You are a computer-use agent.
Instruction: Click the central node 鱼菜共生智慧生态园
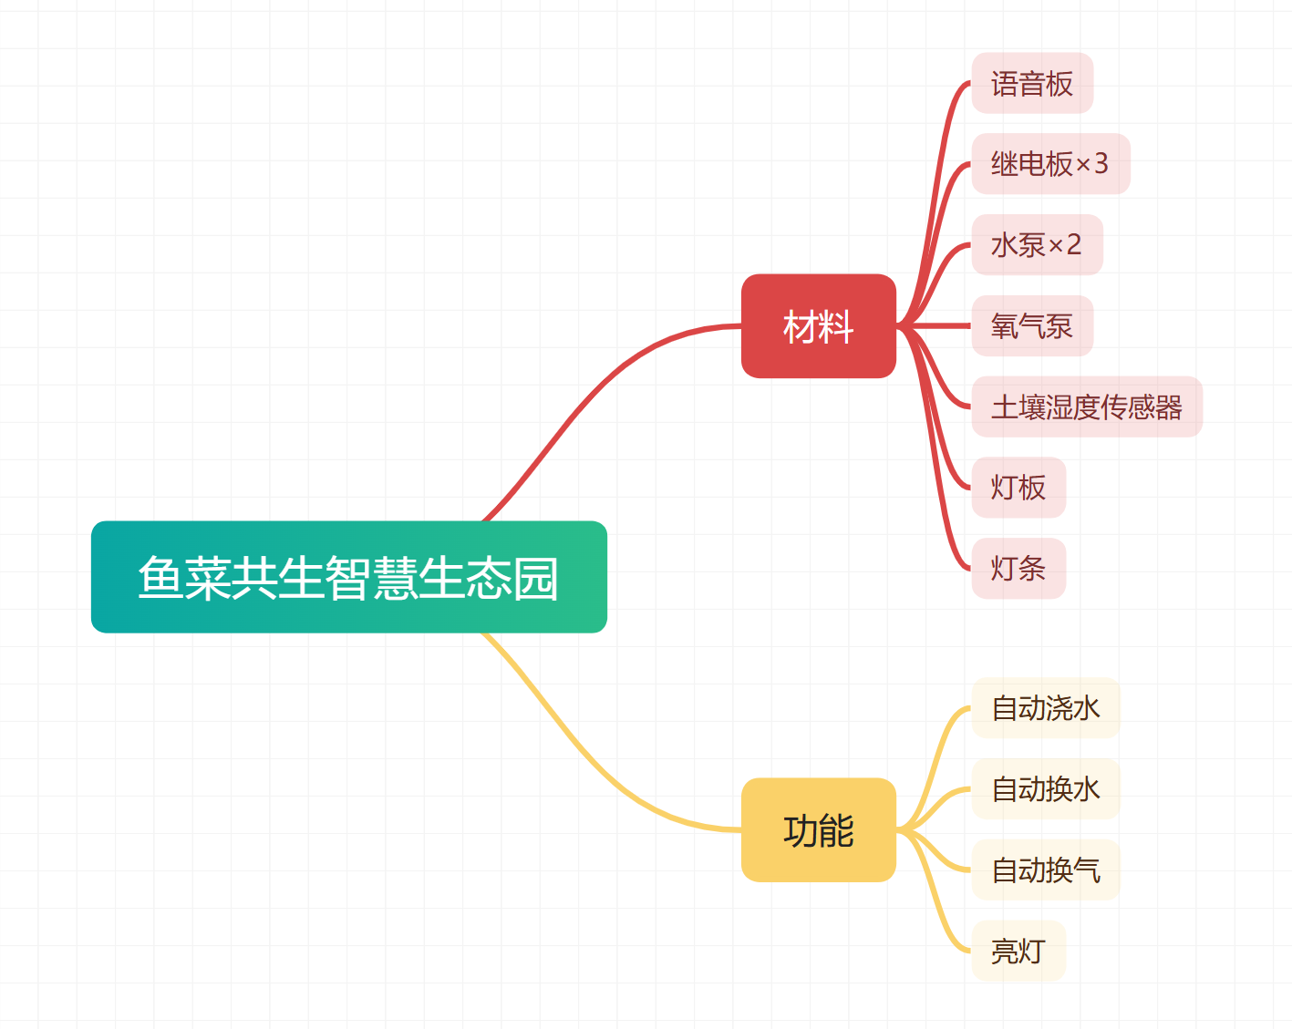click(348, 577)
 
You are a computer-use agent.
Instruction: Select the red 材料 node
click(818, 326)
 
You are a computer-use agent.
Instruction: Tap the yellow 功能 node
click(818, 830)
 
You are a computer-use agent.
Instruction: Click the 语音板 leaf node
click(1031, 84)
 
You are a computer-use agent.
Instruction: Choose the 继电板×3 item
click(1049, 164)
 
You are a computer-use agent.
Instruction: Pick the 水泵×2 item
click(1036, 245)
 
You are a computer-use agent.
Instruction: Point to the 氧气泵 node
click(1031, 326)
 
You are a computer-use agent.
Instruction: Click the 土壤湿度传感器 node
click(1086, 406)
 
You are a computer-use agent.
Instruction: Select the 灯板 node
click(1018, 488)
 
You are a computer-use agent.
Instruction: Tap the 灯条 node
click(1018, 569)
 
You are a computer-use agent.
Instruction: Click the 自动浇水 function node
click(1045, 708)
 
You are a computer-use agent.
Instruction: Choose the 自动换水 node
click(1045, 789)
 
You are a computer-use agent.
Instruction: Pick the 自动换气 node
click(1045, 870)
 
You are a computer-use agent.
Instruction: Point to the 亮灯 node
click(1018, 952)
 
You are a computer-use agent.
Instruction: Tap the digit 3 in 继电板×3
click(1101, 164)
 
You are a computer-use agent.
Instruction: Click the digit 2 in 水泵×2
click(1073, 245)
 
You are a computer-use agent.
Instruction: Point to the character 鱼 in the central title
click(161, 578)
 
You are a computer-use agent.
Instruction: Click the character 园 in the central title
click(535, 578)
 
